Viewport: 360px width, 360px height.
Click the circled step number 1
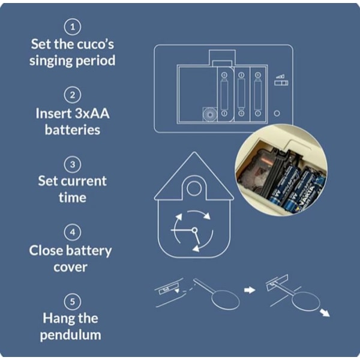(73, 27)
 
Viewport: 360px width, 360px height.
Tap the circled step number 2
(73, 95)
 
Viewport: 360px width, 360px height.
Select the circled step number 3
(73, 164)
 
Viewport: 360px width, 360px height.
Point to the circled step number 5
(73, 301)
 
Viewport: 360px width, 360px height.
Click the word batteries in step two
(73, 129)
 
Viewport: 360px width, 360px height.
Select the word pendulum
(73, 335)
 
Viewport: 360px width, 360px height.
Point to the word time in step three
(73, 197)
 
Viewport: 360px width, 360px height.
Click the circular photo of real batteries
(280, 170)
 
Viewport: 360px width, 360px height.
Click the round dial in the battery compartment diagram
(209, 113)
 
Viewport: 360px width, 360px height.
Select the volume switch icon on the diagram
(278, 80)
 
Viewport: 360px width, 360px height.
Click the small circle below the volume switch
(277, 113)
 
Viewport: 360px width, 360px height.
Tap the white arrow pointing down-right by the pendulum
(324, 312)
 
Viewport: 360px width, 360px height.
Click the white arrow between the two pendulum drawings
(249, 289)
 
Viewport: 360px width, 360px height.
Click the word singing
(52, 61)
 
